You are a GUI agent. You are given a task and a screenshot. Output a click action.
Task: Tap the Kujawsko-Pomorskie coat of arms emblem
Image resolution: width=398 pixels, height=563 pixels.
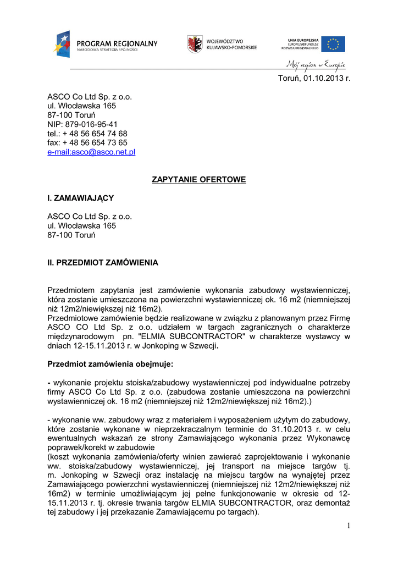click(194, 44)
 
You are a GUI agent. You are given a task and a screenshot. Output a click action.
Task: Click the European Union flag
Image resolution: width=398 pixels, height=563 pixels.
click(333, 44)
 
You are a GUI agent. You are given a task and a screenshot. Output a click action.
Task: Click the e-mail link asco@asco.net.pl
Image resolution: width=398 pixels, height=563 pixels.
click(91, 152)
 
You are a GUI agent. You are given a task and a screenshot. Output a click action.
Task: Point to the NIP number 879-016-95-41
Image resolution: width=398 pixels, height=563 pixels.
click(92, 124)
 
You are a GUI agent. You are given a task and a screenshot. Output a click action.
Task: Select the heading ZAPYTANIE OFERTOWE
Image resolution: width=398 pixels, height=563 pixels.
click(198, 180)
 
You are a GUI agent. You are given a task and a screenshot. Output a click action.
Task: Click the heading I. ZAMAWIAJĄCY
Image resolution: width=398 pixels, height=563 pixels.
click(80, 198)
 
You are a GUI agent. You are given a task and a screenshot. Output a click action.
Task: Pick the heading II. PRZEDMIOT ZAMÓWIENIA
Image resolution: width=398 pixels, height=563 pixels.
click(103, 263)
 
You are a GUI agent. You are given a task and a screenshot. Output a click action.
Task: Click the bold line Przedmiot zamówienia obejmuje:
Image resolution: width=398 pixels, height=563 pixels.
click(110, 364)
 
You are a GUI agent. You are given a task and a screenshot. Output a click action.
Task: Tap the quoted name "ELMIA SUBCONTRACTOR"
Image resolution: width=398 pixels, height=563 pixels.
click(194, 336)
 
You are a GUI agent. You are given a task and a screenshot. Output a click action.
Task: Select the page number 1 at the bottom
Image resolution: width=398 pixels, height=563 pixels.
click(348, 526)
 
